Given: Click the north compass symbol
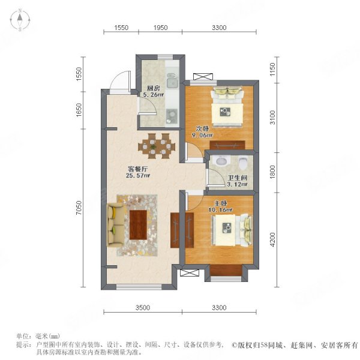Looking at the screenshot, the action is point(20,20).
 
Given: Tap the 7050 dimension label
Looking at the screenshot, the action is point(79,208).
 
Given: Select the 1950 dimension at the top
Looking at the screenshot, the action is point(160,28).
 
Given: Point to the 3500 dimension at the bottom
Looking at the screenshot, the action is point(143,307).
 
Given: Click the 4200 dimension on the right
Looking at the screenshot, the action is point(272,239).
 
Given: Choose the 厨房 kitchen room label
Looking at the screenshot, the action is point(154,88).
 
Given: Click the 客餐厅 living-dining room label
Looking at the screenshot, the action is point(138,169).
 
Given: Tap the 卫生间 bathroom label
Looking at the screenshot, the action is point(237,178).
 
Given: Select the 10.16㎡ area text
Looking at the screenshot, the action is point(220,209).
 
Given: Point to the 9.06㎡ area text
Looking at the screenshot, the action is point(202,135).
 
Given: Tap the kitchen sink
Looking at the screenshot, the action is point(172,81).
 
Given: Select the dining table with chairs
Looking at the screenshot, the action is point(157,146).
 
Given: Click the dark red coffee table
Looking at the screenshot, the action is point(138,225).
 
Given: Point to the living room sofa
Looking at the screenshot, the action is point(116,225).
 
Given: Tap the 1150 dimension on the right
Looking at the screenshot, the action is point(272,70).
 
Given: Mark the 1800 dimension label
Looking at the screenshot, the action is point(272,172).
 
